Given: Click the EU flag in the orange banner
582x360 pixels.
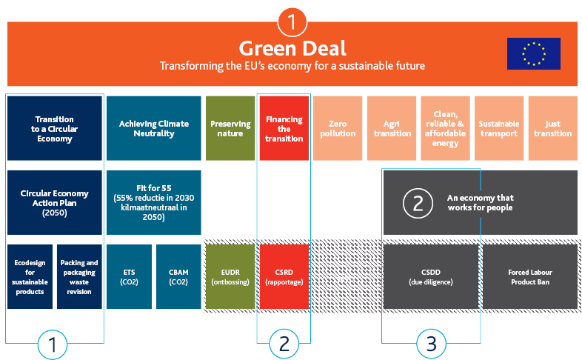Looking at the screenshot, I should (533, 53).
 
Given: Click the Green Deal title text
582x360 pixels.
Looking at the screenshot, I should (292, 49).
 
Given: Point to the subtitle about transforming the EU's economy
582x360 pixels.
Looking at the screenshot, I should (292, 66).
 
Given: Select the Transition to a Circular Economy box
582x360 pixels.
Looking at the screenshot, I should (55, 128).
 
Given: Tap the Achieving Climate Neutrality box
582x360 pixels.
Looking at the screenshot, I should (154, 128).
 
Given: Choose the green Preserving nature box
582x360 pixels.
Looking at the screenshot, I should (230, 128).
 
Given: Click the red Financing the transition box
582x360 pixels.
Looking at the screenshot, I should (284, 128).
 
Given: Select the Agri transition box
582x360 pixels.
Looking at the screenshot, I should (392, 128).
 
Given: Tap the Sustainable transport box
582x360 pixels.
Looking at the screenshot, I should (499, 128).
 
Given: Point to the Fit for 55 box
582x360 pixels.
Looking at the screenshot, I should (154, 202).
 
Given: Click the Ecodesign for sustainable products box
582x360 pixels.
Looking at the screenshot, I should (30, 276).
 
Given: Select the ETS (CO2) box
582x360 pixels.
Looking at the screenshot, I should (130, 276).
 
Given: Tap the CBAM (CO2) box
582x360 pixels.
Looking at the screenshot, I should (178, 276).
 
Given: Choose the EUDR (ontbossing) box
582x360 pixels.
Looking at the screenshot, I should (230, 276).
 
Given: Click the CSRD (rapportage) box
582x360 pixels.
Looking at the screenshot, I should (284, 276).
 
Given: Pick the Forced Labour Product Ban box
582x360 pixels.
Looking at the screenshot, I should (530, 276).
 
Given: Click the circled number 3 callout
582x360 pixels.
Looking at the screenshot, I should (431, 344).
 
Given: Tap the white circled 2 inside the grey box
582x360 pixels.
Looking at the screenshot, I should (418, 203).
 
